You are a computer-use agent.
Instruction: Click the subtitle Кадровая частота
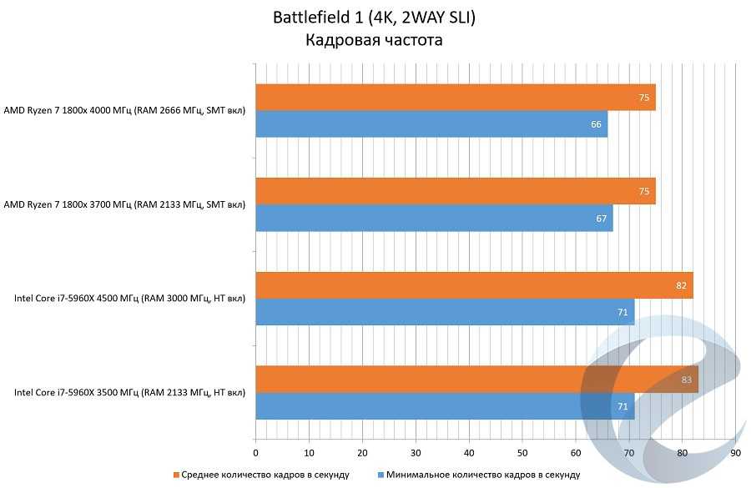373,40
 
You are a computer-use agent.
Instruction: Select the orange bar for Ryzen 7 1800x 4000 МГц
455,98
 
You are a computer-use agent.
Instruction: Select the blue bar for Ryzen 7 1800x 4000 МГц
431,124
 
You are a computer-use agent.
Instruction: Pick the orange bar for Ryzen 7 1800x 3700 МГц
455,191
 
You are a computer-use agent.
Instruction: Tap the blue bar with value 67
434,218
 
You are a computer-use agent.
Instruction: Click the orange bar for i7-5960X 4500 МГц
474,285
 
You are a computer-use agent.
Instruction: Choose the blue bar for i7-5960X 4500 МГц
445,312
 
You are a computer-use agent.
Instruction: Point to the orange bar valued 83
476,379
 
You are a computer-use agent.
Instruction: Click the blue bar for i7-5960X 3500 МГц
445,405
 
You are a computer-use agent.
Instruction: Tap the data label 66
596,124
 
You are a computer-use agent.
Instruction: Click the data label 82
681,285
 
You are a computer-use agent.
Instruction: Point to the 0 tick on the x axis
255,452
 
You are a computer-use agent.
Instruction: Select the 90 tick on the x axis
735,452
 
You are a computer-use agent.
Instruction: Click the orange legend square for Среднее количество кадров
177,475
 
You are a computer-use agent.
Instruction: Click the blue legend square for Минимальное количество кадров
381,475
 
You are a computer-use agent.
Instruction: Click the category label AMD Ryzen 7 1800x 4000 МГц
124,110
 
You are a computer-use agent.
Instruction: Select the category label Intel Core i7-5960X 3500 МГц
129,391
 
